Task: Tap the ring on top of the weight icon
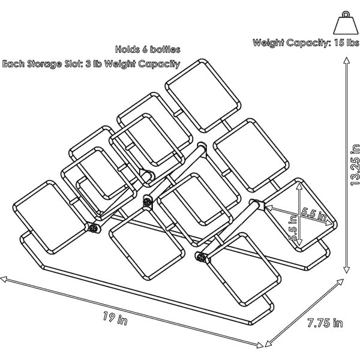click(x=346, y=14)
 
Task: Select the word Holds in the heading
click(x=127, y=49)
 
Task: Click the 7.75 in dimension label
click(x=325, y=323)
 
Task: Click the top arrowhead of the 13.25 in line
click(x=347, y=61)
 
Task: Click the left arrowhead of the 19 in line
click(x=4, y=280)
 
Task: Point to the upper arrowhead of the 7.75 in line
click(x=340, y=282)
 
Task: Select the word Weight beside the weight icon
click(x=268, y=43)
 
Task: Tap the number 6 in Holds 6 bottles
click(x=145, y=50)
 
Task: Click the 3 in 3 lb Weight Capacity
click(x=88, y=64)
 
